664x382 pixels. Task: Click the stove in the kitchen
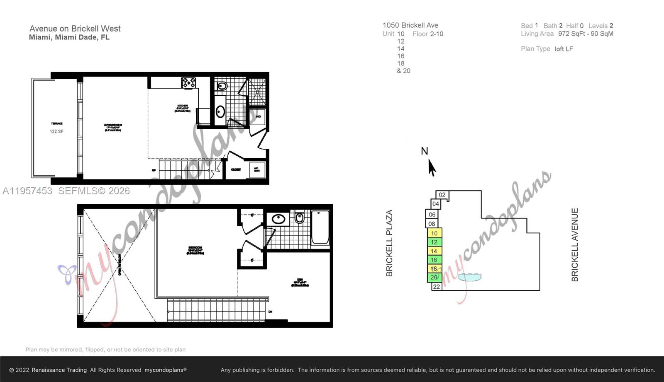(188, 83)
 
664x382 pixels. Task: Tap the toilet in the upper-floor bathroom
(300, 218)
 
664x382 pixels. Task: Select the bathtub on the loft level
(320, 227)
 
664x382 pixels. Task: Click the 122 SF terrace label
(56, 131)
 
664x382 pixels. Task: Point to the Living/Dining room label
(112, 127)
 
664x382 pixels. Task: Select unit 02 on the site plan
(442, 195)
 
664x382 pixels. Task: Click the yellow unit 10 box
(435, 233)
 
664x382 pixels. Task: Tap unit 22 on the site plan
(437, 287)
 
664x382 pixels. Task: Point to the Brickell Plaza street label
(389, 243)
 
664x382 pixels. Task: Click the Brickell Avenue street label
(575, 244)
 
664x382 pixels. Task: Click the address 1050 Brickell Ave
(410, 25)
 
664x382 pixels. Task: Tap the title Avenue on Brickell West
(75, 29)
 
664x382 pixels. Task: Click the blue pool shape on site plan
(470, 277)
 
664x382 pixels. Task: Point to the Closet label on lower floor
(236, 169)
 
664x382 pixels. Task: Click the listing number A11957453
(27, 191)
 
